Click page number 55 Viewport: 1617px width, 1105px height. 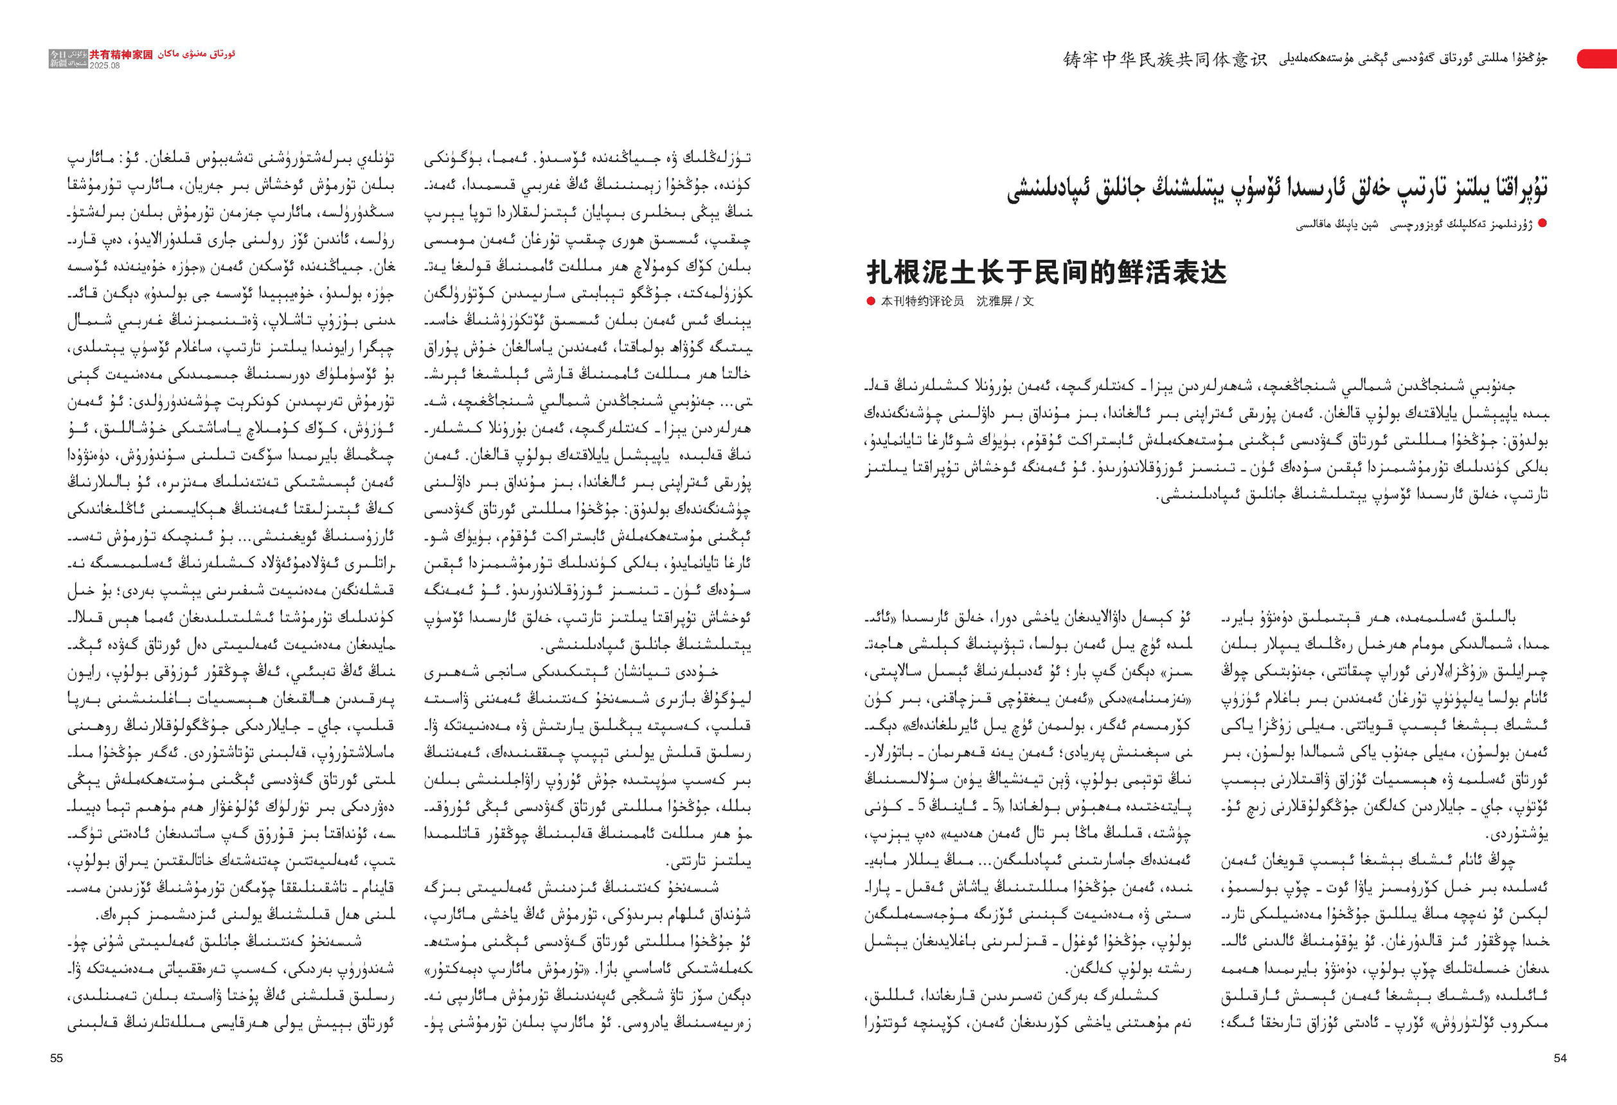57,1057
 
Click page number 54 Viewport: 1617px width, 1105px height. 1560,1057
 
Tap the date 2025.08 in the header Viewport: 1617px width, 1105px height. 104,65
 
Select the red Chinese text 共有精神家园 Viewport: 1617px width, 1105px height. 120,54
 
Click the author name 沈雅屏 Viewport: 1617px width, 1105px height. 994,301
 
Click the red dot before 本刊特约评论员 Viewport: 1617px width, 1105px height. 870,301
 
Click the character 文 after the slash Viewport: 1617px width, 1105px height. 1028,301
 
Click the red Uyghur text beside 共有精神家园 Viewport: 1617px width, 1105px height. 197,53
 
